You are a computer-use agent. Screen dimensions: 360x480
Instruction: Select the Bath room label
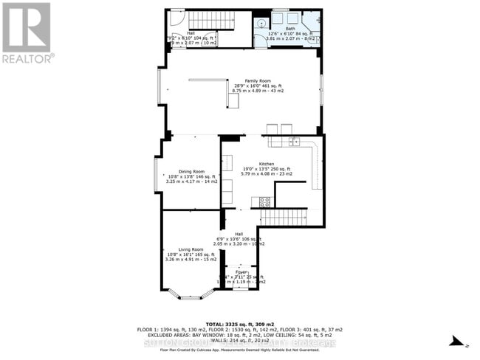click(295, 29)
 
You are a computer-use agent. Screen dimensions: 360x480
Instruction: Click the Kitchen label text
click(267, 164)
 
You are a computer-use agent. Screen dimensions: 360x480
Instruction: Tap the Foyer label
click(241, 272)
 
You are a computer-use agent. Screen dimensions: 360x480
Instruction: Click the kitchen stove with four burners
click(264, 201)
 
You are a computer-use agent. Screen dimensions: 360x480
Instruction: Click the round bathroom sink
click(260, 24)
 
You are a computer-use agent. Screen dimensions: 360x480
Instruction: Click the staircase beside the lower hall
click(284, 217)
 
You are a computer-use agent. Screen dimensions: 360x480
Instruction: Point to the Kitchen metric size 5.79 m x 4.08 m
click(267, 174)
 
